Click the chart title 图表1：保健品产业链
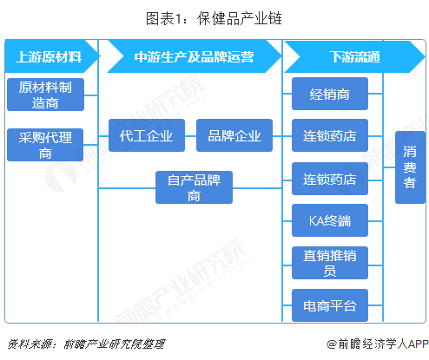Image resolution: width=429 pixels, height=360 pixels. tap(214, 19)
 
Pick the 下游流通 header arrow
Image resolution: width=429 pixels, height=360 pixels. tap(354, 56)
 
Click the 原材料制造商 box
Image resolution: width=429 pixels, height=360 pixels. tap(45, 95)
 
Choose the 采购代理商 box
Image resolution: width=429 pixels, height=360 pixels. tap(45, 145)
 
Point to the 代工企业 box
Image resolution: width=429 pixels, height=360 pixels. tap(147, 135)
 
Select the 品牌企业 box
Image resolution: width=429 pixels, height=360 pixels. tap(234, 135)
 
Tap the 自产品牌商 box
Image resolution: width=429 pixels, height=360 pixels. tap(194, 187)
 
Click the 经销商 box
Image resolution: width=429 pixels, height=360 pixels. tap(330, 94)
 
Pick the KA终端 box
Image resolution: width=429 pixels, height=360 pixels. tap(330, 220)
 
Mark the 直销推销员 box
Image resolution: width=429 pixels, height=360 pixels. tap(330, 263)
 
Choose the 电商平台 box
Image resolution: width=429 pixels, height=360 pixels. tap(330, 305)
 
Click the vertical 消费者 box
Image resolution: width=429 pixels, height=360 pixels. tap(410, 167)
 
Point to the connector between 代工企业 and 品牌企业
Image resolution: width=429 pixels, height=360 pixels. tap(190, 136)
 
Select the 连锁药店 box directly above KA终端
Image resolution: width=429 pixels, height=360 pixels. tap(330, 179)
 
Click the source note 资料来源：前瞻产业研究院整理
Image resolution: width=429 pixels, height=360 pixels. tap(86, 344)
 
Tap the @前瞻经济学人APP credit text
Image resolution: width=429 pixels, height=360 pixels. tap(378, 344)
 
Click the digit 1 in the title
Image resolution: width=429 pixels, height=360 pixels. tap(178, 19)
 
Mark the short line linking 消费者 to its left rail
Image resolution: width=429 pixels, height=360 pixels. tap(389, 167)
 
